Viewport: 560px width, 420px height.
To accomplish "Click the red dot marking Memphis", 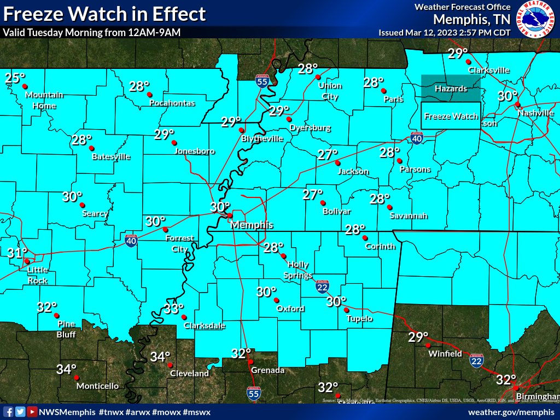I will [230, 215].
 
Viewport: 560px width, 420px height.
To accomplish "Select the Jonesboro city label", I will [194, 151].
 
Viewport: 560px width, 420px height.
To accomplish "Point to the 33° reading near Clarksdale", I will [174, 309].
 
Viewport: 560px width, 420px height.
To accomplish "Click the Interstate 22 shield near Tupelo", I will [322, 287].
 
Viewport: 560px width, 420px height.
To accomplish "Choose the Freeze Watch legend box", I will [451, 116].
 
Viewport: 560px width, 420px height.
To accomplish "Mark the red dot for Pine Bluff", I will [56, 316].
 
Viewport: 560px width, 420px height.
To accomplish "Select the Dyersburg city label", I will [310, 128].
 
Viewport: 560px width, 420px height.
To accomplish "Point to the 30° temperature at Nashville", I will [508, 96].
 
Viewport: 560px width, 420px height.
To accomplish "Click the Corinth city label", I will [380, 246].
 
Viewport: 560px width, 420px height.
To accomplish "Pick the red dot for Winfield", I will [428, 345].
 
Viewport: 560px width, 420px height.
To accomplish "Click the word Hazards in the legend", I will [451, 89].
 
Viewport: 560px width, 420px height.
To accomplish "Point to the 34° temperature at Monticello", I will [66, 370].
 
